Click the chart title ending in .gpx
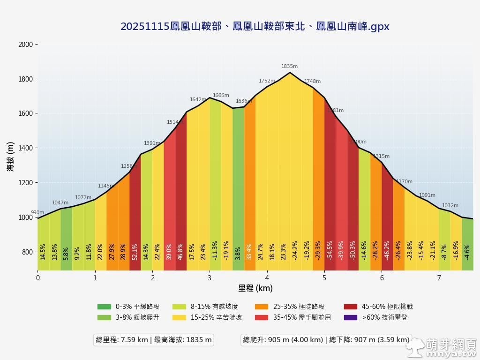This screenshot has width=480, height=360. [255, 27]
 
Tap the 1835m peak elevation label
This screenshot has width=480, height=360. [289, 67]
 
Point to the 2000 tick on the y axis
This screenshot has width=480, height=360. [25, 45]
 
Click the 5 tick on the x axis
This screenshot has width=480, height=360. [324, 277]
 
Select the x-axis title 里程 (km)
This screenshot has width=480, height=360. [255, 288]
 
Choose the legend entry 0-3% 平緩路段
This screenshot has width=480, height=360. [128, 307]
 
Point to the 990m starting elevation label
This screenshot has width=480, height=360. [37, 213]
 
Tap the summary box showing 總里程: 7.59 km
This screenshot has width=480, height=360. [154, 340]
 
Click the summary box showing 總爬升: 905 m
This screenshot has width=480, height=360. [326, 340]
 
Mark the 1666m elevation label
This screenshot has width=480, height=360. [221, 96]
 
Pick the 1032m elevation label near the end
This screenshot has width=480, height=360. [450, 206]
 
